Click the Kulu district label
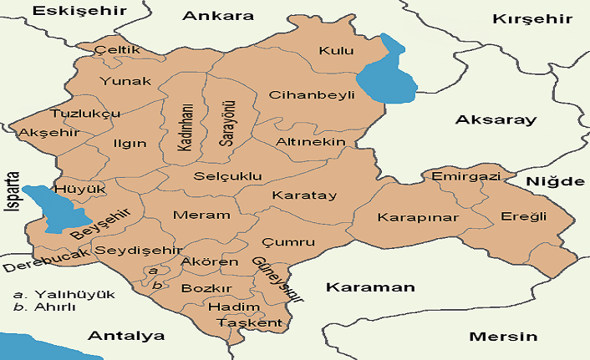point(337,51)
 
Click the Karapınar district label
point(407,217)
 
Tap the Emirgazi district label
point(465,177)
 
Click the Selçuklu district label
point(227,177)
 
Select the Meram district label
point(201,215)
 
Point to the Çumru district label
point(288,242)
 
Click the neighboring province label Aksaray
point(495,120)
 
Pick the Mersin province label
point(502,337)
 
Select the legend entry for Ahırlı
point(57,307)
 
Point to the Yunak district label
point(125,81)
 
